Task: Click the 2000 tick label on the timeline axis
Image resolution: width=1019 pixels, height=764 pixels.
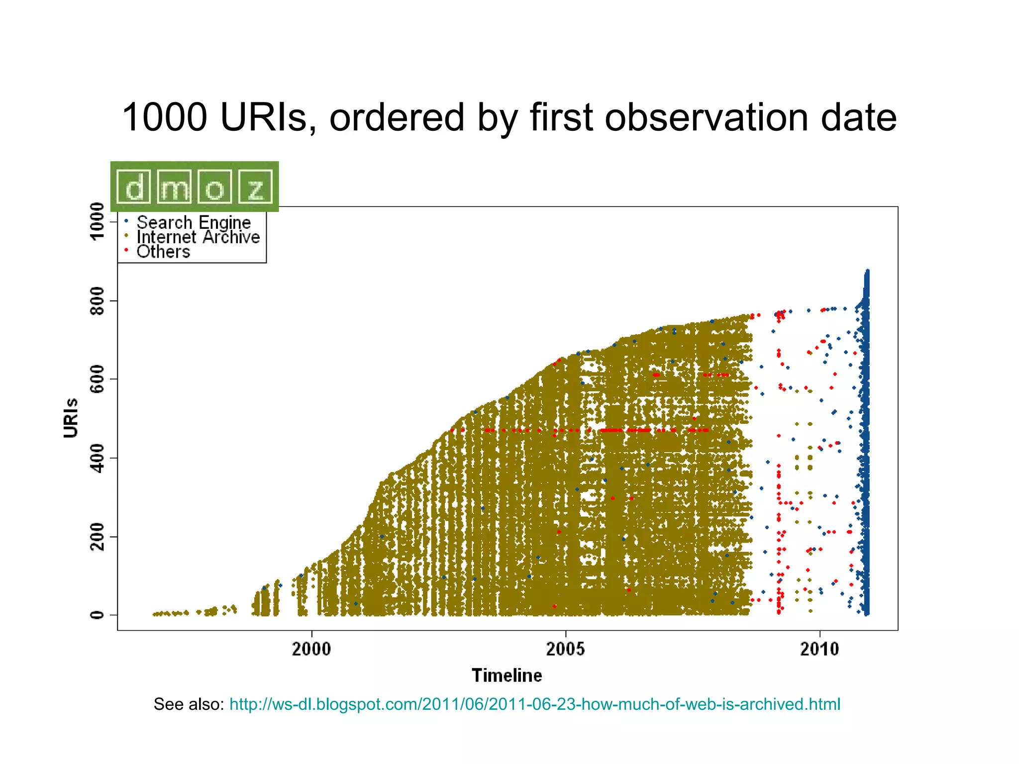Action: pyautogui.click(x=311, y=649)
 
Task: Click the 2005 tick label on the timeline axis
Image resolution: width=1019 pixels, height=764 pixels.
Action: pyautogui.click(x=565, y=649)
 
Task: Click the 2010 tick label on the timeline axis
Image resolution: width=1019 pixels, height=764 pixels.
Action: pyautogui.click(x=819, y=649)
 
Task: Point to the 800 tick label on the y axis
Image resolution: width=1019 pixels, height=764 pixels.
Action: pyautogui.click(x=98, y=300)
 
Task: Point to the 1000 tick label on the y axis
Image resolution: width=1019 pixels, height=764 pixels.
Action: pyautogui.click(x=98, y=221)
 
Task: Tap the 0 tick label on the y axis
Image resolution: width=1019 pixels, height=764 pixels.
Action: pyautogui.click(x=98, y=615)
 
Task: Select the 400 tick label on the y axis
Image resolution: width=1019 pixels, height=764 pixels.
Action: pyautogui.click(x=98, y=458)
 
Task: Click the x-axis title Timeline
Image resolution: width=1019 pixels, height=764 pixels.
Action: pyautogui.click(x=507, y=675)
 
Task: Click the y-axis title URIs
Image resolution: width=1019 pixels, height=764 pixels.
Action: pyautogui.click(x=71, y=418)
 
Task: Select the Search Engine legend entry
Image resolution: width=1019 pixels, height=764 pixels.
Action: pyautogui.click(x=194, y=222)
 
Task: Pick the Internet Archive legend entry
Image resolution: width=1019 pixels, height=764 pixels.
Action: pyautogui.click(x=198, y=237)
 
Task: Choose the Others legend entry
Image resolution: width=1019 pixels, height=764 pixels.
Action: pyautogui.click(x=163, y=252)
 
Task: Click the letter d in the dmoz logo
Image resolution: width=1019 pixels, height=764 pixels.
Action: pyautogui.click(x=134, y=188)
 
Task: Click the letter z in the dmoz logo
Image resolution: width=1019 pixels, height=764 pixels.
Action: pyautogui.click(x=255, y=188)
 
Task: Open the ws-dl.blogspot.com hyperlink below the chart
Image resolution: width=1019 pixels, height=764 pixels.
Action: pyautogui.click(x=534, y=704)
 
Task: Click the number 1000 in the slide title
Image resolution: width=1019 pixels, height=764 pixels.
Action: pyautogui.click(x=164, y=117)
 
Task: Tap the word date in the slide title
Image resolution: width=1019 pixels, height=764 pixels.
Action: pyautogui.click(x=858, y=117)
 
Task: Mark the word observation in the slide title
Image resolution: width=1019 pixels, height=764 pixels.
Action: pyautogui.click(x=707, y=117)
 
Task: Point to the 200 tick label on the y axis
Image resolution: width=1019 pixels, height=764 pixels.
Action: pyautogui.click(x=98, y=537)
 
